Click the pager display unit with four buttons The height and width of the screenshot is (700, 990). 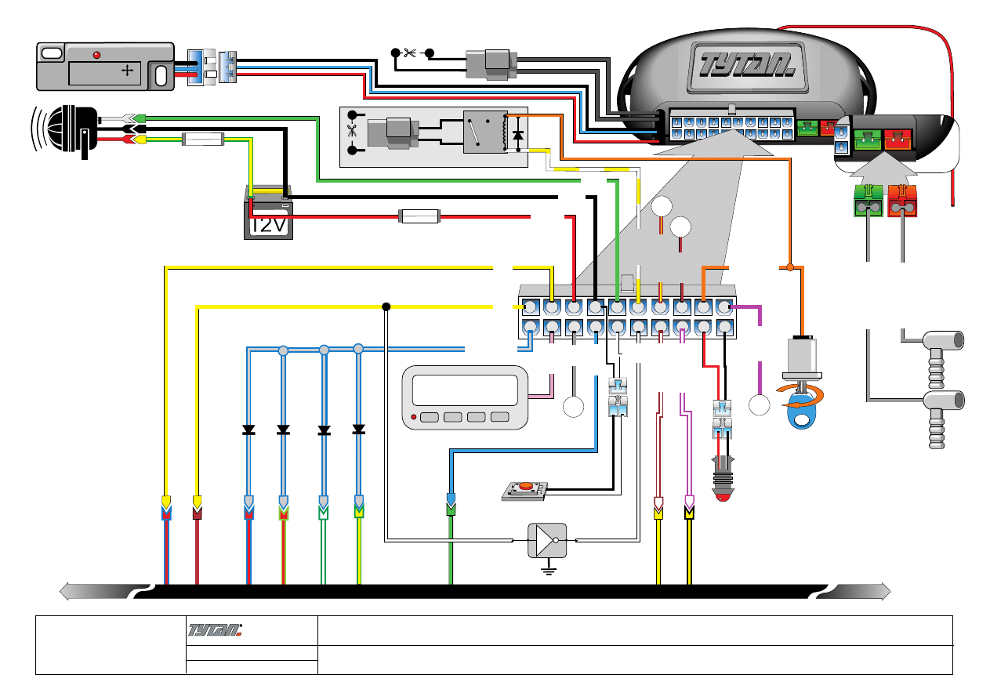coord(463,397)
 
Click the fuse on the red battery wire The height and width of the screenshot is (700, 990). coord(420,216)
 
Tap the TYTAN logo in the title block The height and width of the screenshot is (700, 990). coord(216,629)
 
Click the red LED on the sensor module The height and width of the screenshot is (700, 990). coord(96,55)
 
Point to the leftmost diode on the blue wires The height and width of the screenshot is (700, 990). coord(248,430)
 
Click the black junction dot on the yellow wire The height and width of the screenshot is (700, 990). coord(386,306)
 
